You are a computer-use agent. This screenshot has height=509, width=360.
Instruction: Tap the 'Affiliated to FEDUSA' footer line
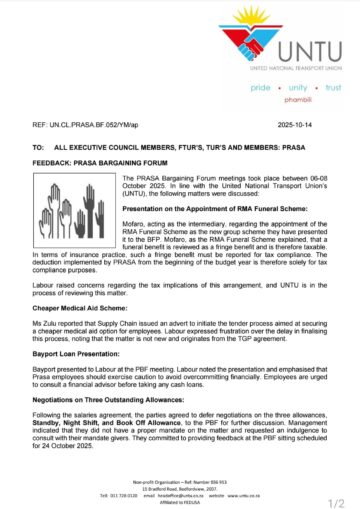pos(180,484)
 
